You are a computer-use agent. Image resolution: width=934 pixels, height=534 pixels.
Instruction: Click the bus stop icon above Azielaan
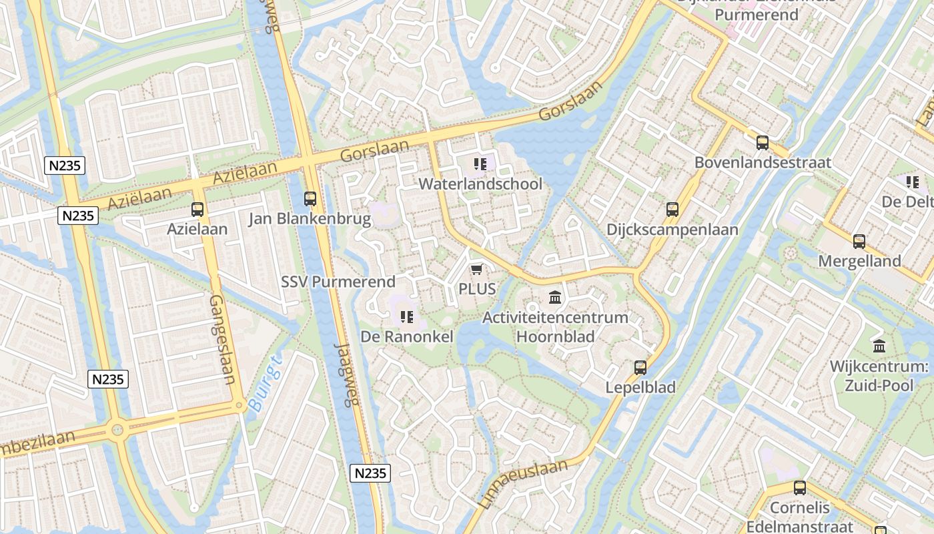click(x=197, y=210)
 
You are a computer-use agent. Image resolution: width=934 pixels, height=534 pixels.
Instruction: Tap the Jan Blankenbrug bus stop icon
click(x=310, y=198)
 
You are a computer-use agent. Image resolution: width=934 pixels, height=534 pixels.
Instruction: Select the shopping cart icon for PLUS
click(x=476, y=269)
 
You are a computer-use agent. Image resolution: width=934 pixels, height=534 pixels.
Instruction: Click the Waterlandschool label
click(x=480, y=184)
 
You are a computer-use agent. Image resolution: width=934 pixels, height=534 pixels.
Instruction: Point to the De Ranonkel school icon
click(x=407, y=316)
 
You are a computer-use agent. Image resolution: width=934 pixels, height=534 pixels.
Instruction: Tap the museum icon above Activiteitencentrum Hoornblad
click(x=555, y=297)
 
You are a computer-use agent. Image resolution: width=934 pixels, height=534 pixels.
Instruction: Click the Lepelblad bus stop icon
click(x=640, y=367)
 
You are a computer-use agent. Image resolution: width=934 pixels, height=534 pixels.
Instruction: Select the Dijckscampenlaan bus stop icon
click(x=672, y=210)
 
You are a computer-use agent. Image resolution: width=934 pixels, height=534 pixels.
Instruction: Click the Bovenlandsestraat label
click(x=763, y=162)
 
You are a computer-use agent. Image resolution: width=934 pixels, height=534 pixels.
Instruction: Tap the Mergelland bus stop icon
click(x=859, y=242)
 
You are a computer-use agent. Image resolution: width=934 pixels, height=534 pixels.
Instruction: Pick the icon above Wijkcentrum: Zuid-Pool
click(x=879, y=346)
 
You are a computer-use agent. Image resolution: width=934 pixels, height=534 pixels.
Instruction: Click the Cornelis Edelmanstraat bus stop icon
click(x=800, y=488)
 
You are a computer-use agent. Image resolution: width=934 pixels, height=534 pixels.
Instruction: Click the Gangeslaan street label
click(x=222, y=340)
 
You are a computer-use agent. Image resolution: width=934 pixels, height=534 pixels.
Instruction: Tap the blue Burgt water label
click(x=265, y=383)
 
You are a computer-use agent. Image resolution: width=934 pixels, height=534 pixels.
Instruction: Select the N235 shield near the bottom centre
click(x=370, y=473)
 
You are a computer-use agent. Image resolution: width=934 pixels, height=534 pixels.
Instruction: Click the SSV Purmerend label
click(x=338, y=282)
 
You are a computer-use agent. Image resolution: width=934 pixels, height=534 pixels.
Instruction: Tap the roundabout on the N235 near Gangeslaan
click(x=118, y=429)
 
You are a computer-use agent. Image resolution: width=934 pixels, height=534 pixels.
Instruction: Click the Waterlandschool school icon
click(x=480, y=164)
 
